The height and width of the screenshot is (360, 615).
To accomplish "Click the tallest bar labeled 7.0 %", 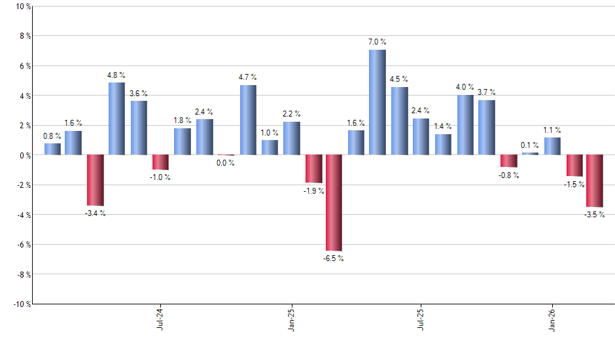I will [x=378, y=102].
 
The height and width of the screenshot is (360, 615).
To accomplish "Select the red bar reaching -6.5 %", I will [x=334, y=202].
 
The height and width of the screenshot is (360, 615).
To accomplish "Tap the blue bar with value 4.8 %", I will [x=116, y=118].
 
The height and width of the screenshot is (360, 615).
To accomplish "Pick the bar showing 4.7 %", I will [x=248, y=120].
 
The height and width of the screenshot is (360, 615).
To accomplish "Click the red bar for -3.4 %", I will [x=96, y=180].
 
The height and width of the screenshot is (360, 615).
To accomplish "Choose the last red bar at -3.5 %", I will [x=595, y=181].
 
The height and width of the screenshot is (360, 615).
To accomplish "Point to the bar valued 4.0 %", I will [x=465, y=125].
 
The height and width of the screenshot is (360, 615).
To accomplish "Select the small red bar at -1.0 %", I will [x=160, y=162].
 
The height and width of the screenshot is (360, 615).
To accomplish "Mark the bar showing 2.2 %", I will [x=291, y=138].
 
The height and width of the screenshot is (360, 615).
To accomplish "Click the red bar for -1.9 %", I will [x=313, y=169].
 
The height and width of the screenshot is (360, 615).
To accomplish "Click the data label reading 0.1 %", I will [x=530, y=145].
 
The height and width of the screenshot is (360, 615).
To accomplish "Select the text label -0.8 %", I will [x=509, y=175].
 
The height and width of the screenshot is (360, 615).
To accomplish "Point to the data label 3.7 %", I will [x=486, y=92].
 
